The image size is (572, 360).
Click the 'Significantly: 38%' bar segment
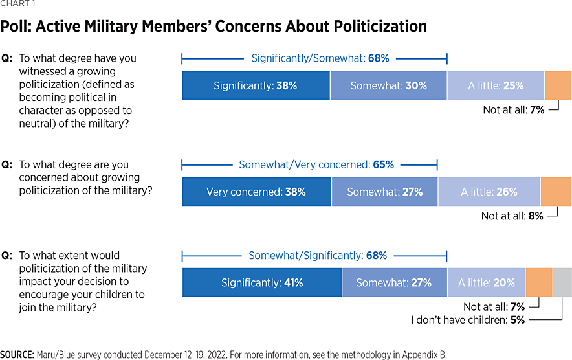[x=256, y=85]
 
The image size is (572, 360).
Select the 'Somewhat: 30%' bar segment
[x=388, y=85]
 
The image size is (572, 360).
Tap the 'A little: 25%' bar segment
[x=496, y=85]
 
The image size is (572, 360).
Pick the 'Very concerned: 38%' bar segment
[x=256, y=192]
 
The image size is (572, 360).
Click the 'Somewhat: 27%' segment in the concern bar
[x=384, y=192]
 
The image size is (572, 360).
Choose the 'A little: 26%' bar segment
[x=489, y=192]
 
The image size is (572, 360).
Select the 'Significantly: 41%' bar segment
[x=261, y=282]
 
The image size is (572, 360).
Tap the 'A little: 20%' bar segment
[x=487, y=282]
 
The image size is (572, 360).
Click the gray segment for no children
[x=562, y=282]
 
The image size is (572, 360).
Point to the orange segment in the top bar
[x=558, y=85]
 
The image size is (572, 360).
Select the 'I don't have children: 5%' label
[x=468, y=319]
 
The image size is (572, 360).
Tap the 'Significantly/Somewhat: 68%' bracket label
[x=320, y=58]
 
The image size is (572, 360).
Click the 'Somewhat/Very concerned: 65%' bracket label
[x=316, y=164]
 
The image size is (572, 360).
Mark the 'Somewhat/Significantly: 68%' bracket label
[x=318, y=256]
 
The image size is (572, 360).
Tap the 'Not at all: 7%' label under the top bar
[x=513, y=110]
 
